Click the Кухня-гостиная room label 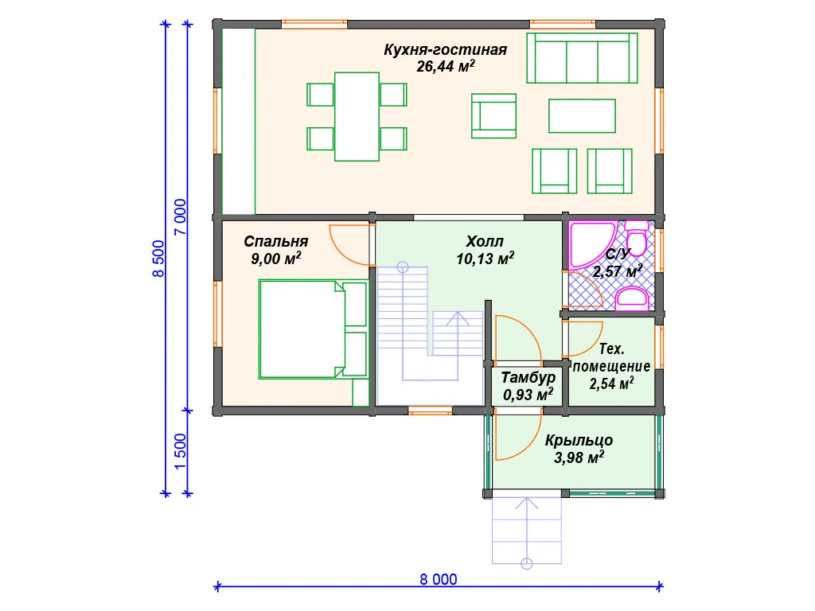(x=446, y=50)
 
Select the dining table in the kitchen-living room (x=357, y=117)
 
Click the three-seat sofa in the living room (x=582, y=58)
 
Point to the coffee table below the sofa (x=582, y=116)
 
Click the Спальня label (x=276, y=242)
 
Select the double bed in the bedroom (x=313, y=329)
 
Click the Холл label (x=485, y=242)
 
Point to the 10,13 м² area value (x=485, y=259)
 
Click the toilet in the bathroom (x=636, y=237)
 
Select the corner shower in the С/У (x=592, y=244)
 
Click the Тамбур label (x=528, y=378)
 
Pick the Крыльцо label (x=579, y=441)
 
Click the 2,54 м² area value (x=611, y=384)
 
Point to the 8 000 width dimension (x=439, y=579)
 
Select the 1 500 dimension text (x=180, y=452)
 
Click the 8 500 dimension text (x=158, y=259)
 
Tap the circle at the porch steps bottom (x=527, y=564)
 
